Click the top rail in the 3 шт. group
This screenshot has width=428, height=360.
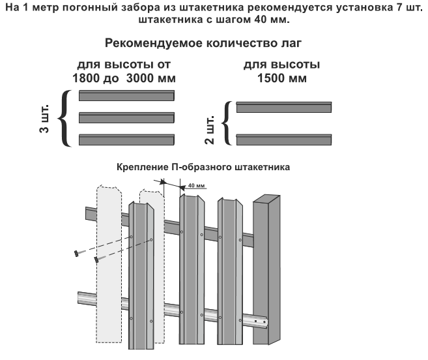point(126,97)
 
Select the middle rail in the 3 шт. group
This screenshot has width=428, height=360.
point(126,118)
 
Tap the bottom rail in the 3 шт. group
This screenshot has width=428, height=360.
point(126,139)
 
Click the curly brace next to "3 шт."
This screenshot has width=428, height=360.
point(65,118)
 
